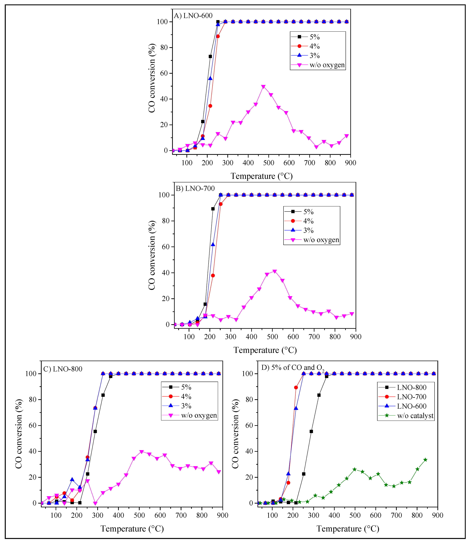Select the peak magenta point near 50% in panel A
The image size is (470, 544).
[263, 87]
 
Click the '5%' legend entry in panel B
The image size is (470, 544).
[308, 212]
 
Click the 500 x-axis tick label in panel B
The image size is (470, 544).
[272, 337]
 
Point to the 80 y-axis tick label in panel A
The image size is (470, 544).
[162, 48]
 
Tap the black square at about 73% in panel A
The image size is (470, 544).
[210, 57]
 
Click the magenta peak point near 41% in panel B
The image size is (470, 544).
[275, 271]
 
